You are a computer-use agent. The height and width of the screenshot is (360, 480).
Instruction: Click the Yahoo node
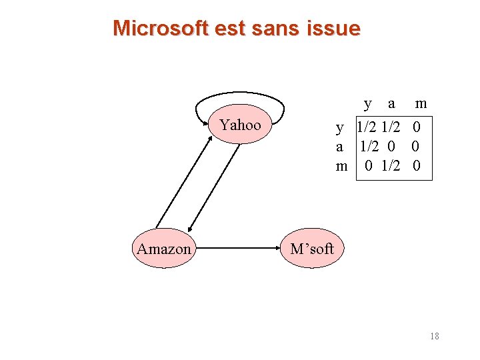241,125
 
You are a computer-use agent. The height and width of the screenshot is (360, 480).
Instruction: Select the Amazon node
164,249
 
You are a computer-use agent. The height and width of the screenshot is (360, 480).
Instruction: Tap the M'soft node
311,249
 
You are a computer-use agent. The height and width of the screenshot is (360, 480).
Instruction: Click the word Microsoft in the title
161,28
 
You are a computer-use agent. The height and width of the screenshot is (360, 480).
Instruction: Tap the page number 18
434,336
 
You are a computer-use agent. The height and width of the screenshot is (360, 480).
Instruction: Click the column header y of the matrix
368,103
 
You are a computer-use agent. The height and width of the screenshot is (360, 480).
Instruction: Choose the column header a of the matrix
391,103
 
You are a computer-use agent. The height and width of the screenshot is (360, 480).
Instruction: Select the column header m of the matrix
421,103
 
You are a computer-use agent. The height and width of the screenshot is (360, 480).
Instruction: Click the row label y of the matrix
340,127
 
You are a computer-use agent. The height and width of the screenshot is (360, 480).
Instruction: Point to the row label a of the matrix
340,147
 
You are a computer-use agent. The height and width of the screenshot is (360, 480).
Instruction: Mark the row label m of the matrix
341,166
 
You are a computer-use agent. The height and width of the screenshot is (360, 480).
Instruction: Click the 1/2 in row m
391,166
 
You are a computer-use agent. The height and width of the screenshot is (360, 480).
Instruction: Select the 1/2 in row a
369,147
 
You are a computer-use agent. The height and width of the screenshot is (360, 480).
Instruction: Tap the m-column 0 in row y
417,127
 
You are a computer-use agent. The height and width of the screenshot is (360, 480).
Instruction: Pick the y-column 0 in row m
369,166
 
